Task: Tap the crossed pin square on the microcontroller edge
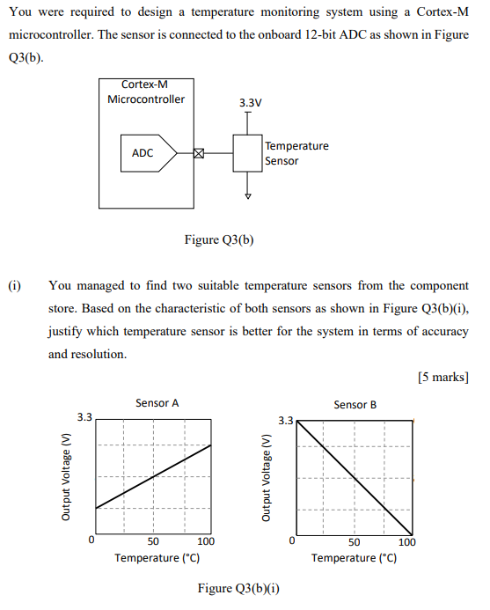tap(198, 153)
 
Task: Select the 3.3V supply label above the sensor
tap(250, 103)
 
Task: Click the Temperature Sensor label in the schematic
tap(296, 153)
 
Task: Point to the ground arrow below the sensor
tap(248, 195)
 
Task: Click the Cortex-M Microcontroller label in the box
tap(146, 92)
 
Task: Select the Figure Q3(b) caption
tap(219, 239)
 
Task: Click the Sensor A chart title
tap(157, 403)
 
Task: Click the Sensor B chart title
tap(355, 405)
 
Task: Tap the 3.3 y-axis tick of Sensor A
tap(84, 416)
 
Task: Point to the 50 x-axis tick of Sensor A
tap(152, 542)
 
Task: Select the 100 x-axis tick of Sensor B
tap(406, 542)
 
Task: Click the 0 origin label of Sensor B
tap(292, 540)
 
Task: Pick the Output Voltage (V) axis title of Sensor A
tap(66, 477)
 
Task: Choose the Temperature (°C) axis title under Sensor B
tap(354, 558)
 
